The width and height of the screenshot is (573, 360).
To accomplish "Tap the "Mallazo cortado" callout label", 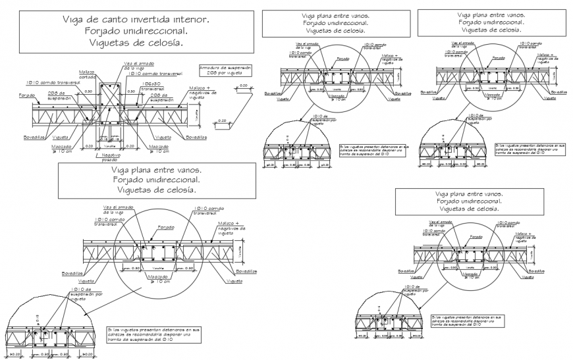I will point(86,74).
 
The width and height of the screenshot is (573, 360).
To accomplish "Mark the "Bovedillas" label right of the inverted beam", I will point(196,138).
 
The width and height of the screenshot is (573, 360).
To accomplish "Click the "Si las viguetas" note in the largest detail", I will point(155,333).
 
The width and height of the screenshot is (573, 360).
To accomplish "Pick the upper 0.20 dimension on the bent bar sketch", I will point(244,86).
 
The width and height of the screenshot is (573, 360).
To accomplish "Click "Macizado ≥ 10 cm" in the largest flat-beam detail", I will point(157,279).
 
